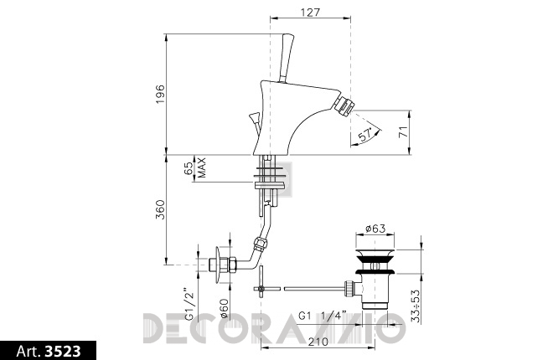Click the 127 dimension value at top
[310, 13]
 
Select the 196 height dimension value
[161, 94]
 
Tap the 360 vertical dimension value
[161, 209]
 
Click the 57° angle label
[365, 135]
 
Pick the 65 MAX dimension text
[194, 168]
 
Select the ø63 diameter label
[375, 229]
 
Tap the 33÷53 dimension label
[416, 306]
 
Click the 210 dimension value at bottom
[318, 342]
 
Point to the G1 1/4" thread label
[323, 316]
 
